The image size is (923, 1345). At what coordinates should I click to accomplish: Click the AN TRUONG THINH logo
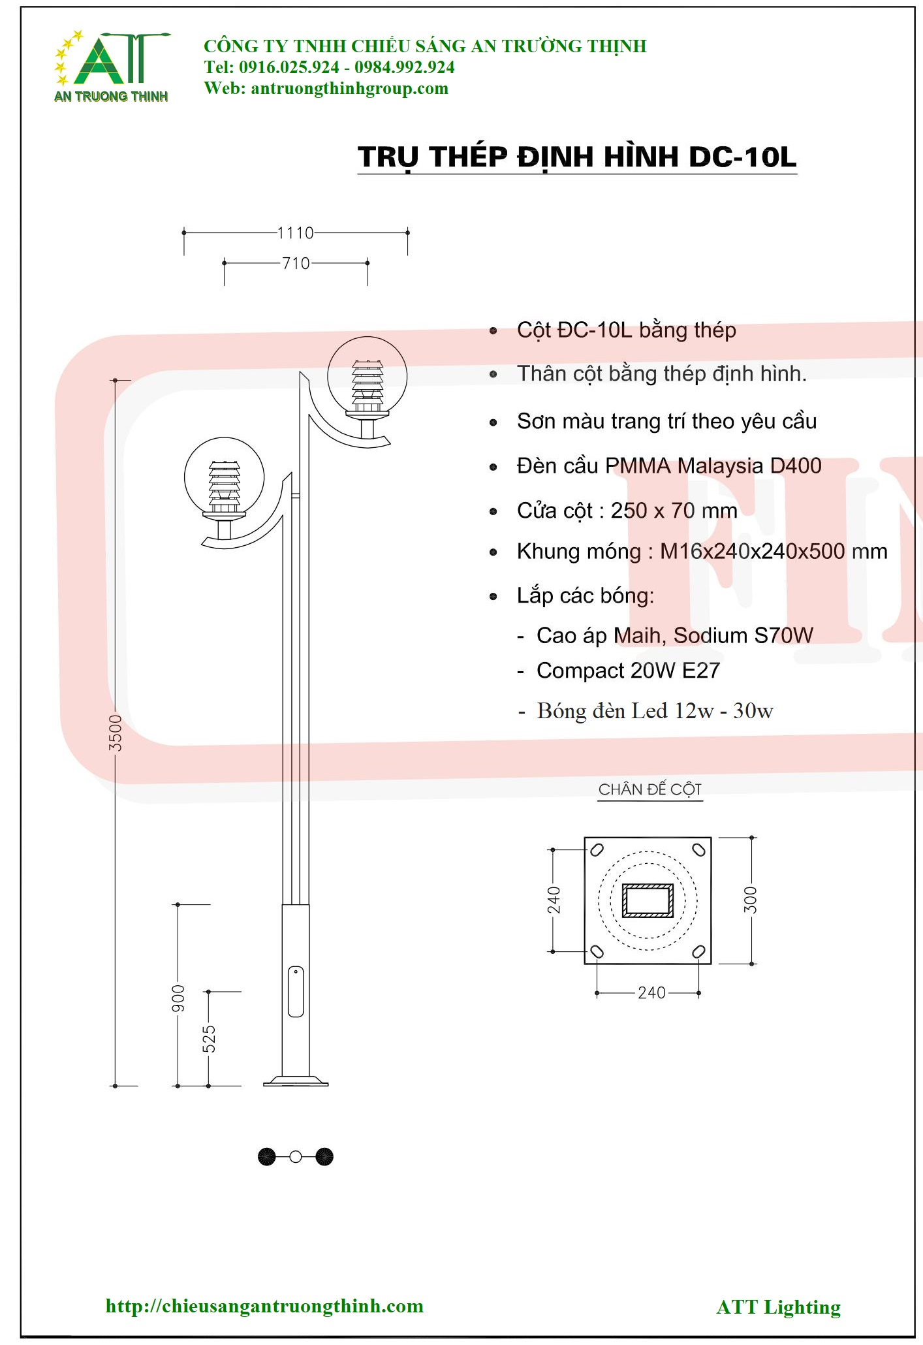[x=111, y=66]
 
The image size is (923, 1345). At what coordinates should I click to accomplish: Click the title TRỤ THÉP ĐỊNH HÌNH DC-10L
[x=577, y=157]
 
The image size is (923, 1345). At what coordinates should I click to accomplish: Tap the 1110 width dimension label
[x=296, y=233]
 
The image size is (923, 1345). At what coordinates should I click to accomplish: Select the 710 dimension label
[x=296, y=263]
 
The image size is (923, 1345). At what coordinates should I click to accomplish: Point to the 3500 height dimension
[x=116, y=733]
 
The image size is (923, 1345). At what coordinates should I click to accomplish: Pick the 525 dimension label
[x=209, y=1039]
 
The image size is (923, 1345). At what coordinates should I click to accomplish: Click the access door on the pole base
[x=296, y=992]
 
